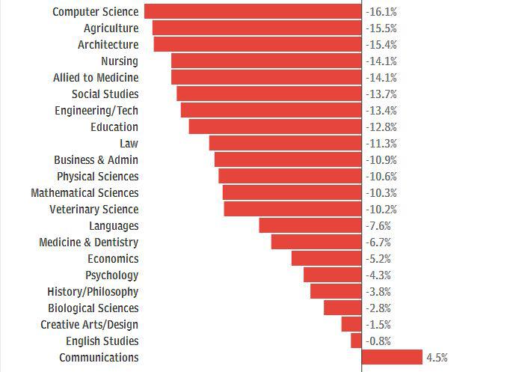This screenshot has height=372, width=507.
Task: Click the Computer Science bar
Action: pos(253,11)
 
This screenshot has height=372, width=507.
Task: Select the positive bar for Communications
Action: pos(392,357)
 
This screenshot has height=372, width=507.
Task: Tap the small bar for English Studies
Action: pos(356,341)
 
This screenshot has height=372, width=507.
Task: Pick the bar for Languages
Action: pos(310,225)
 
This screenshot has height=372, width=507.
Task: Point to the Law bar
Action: pos(285,143)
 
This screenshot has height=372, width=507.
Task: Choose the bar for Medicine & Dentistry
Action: pos(316,242)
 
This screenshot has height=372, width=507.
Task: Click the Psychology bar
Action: pos(332,275)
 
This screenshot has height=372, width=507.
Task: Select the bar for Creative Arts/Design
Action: pos(351,324)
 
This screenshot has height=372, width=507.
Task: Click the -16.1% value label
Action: pos(381,12)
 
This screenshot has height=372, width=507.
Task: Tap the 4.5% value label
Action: pos(437,358)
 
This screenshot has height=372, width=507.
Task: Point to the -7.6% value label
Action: pos(379,226)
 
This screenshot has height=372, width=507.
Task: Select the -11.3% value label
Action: pos(381,144)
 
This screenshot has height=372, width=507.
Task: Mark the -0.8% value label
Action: pos(379,341)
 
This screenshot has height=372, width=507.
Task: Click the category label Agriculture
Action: pos(111,28)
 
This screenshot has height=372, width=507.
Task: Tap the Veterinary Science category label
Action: pos(93,210)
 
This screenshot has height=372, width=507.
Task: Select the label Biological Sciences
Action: pos(93,308)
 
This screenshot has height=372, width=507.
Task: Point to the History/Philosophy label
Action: pos(92,292)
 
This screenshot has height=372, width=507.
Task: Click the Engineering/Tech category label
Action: pos(96,111)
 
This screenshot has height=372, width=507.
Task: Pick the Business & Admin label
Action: pos(96,160)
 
